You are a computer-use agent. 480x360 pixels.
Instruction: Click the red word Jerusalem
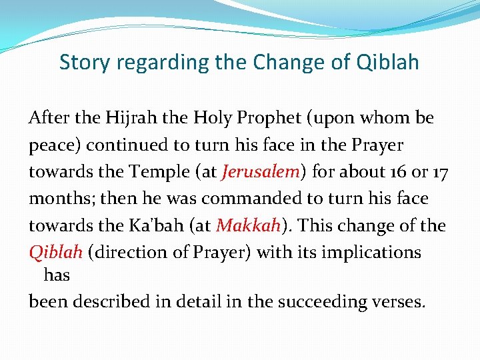point(261,172)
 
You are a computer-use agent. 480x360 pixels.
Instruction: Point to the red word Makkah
point(247,225)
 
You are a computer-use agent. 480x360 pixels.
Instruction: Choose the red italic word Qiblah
point(55,253)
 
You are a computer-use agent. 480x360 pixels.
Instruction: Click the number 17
point(439,172)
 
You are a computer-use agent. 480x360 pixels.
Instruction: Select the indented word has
point(57,275)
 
